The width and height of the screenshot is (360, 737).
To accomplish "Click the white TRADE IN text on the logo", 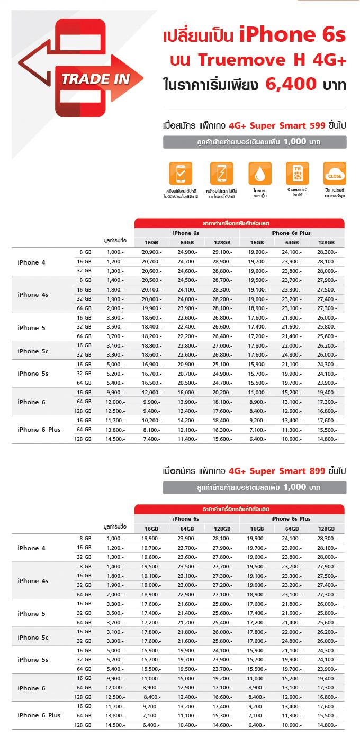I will tap(95, 79).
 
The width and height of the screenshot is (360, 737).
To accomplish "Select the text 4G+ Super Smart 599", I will tap(272, 126).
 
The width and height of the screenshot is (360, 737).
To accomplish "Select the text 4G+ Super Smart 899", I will tap(272, 471).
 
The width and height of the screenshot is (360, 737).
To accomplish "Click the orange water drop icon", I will tap(260, 174).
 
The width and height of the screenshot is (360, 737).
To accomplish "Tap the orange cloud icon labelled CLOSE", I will tap(335, 174).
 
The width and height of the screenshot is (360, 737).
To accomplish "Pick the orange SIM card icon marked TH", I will tap(297, 174).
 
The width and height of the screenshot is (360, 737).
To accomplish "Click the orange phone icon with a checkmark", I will tap(181, 174).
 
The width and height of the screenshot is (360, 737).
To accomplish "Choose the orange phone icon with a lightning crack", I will tap(221, 174).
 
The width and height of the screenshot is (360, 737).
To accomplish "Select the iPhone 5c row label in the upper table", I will tap(33, 350).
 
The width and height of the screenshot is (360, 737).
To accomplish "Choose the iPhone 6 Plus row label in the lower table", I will tap(39, 715).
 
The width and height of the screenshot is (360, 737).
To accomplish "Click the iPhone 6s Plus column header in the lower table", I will tap(291, 519).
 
